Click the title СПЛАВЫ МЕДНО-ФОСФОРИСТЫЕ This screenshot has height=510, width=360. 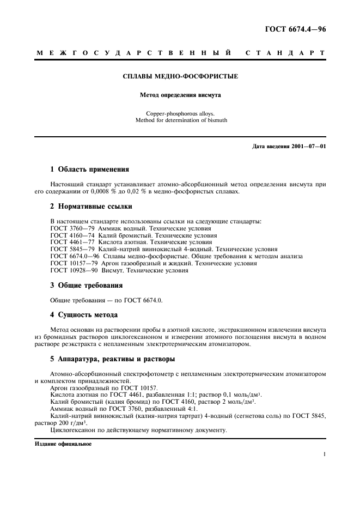180,77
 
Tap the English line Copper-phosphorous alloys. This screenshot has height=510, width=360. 180,113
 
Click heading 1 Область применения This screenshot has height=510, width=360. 89,169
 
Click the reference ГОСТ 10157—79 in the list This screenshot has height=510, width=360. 74,263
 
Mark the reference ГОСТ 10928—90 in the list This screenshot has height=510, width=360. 74,270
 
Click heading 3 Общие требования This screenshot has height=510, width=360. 86,285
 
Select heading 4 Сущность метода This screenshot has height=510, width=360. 84,314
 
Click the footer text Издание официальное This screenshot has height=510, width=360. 63,444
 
